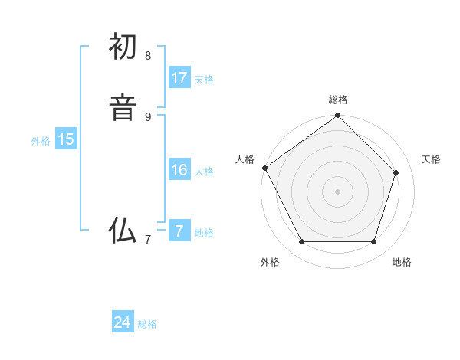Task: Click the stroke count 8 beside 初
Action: click(x=148, y=55)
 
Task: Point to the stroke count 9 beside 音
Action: click(x=148, y=116)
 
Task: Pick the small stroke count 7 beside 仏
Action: click(x=148, y=239)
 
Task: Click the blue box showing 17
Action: click(x=179, y=78)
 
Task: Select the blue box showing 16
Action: click(x=179, y=170)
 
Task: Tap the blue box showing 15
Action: click(x=66, y=139)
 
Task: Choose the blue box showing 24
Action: click(x=123, y=322)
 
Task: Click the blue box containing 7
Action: click(x=179, y=231)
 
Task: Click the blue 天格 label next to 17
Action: click(x=204, y=80)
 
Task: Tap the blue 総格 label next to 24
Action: click(x=147, y=324)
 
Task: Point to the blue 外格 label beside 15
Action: click(x=41, y=141)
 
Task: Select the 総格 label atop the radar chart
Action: click(x=338, y=100)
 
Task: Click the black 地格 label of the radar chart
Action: click(x=402, y=262)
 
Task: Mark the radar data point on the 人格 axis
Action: click(x=264, y=168)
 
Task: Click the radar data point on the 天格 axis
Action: click(x=396, y=172)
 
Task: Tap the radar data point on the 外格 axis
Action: click(x=301, y=242)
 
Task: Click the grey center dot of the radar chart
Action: click(x=338, y=191)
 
